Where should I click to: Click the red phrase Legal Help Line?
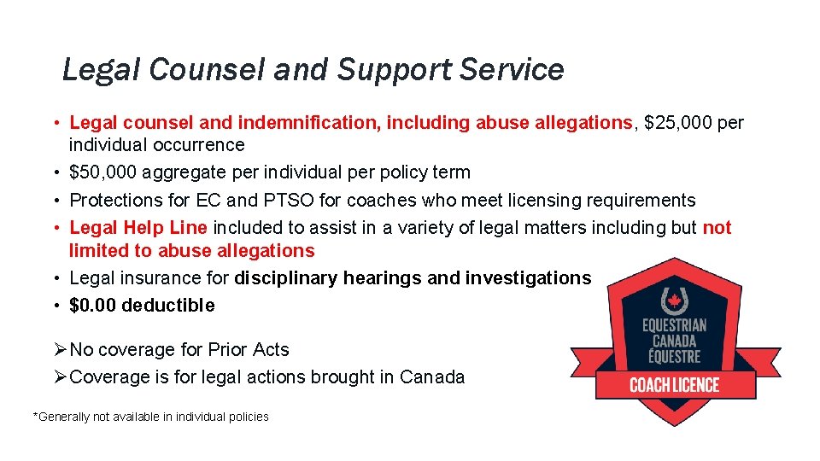click(x=138, y=228)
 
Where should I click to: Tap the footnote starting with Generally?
click(x=150, y=417)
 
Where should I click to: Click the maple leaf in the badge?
click(x=675, y=300)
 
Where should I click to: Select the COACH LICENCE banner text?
click(x=675, y=384)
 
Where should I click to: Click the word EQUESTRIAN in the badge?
click(x=675, y=325)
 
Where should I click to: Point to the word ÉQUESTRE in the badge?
click(x=675, y=356)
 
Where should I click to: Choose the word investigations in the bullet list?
click(x=528, y=277)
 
